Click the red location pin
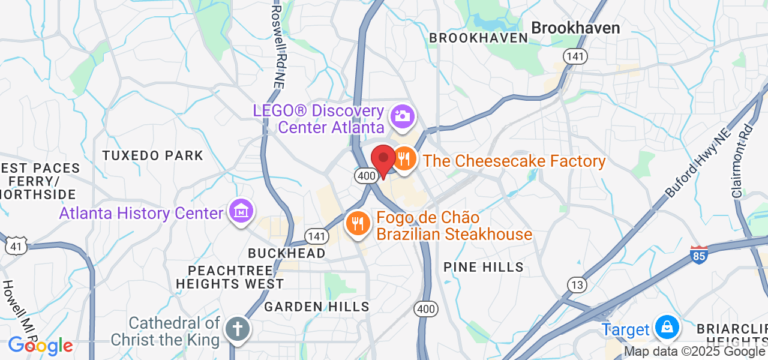(383, 160)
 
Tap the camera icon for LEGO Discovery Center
(402, 116)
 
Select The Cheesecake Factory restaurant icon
(404, 159)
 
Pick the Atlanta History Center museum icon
(241, 211)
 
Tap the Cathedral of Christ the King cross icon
(237, 329)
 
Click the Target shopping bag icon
(666, 328)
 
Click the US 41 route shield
(16, 245)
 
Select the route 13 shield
(577, 285)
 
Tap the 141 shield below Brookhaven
(575, 56)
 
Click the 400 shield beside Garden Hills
(425, 309)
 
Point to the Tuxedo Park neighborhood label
(153, 155)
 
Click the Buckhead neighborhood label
(287, 253)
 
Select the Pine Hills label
(484, 267)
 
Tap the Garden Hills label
(317, 307)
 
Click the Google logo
(40, 346)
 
